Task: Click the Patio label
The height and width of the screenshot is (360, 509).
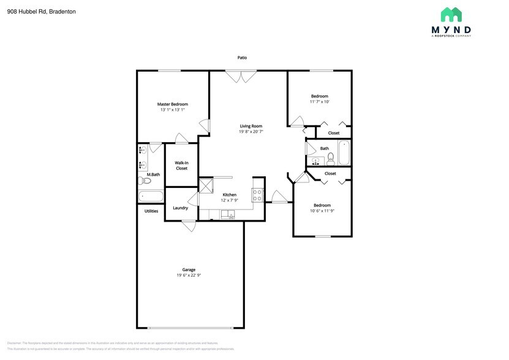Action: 243,58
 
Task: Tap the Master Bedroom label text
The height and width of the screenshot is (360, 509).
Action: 172,104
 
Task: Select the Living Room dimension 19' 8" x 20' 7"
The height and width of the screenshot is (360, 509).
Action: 251,132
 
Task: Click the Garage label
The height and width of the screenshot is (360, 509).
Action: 189,269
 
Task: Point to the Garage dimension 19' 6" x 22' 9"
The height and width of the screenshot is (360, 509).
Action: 189,276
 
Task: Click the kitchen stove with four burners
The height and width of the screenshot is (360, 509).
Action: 257,195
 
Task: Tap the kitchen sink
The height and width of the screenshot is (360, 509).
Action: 227,214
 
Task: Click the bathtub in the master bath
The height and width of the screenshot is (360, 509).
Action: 151,197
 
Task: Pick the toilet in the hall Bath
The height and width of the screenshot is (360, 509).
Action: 331,160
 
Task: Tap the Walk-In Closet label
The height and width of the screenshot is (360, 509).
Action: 181,165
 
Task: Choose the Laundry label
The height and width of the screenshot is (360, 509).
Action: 180,208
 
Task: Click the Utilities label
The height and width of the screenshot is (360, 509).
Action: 151,211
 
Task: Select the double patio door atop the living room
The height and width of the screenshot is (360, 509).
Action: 241,77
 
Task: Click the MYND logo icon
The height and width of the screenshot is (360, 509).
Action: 451,15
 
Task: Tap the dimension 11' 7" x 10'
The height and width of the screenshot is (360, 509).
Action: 319,102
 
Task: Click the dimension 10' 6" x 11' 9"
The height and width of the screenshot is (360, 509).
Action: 322,211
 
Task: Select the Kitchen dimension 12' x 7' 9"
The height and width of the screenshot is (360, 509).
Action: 229,201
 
